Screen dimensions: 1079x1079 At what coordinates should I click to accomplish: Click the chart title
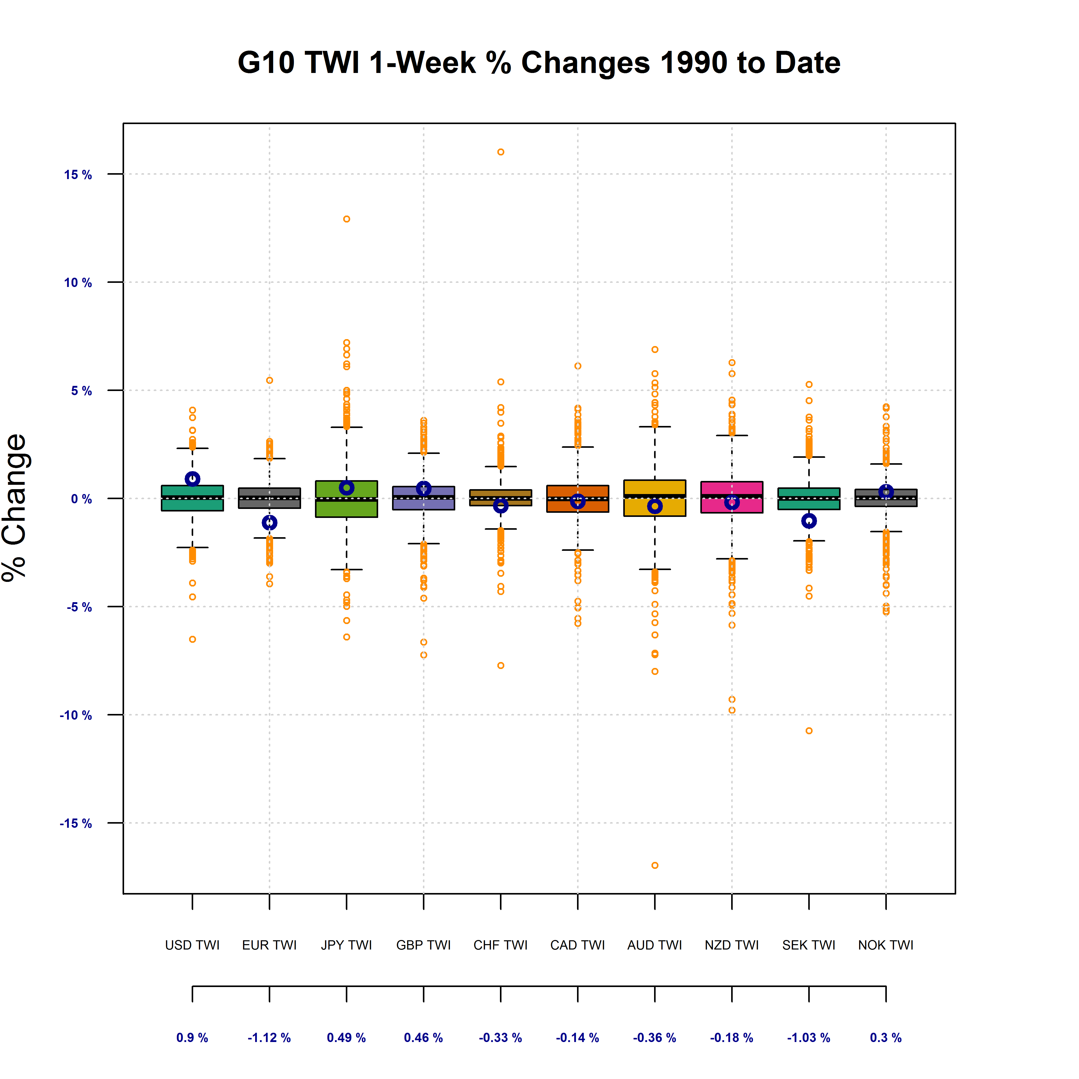tap(539, 62)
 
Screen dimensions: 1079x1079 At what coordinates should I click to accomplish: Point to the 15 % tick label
tap(78, 175)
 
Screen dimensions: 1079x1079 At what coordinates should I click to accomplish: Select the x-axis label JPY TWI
tap(346, 945)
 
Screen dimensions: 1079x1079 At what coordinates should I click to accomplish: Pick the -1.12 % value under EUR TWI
tap(269, 1038)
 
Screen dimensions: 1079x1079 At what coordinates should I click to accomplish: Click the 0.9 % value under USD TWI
tap(192, 1038)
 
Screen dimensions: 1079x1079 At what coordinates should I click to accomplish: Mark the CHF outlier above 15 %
tap(500, 152)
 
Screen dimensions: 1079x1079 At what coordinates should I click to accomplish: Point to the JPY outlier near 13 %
tap(346, 219)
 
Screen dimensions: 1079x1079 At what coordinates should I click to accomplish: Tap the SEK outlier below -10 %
tap(809, 730)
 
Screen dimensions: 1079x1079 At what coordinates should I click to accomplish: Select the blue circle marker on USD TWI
tap(192, 479)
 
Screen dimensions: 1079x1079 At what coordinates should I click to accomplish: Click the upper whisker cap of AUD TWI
tap(655, 427)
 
